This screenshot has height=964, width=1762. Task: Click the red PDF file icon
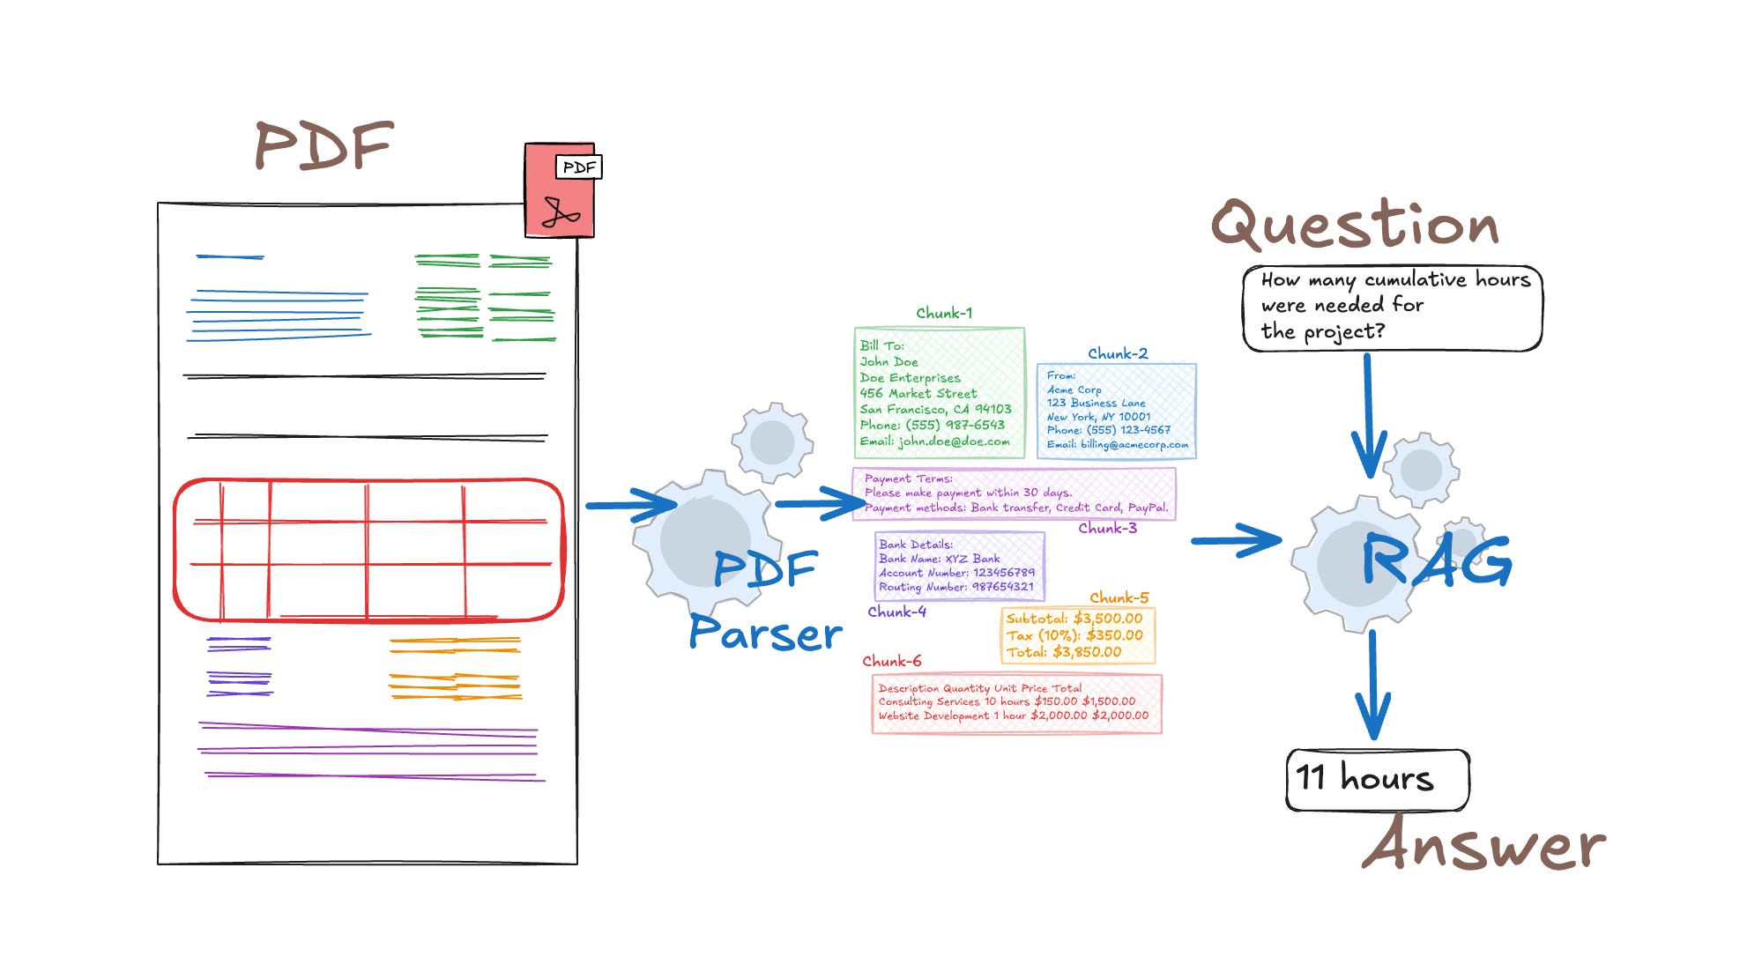pos(560,191)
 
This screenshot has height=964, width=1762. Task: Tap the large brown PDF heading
pos(323,146)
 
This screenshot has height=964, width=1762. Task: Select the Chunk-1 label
pos(943,313)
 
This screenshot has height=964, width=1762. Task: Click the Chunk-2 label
pos(1118,353)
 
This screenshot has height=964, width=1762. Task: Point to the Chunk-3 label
pos(1107,528)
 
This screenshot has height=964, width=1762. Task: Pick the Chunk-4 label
pos(896,612)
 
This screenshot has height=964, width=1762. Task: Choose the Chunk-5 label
pos(1119,597)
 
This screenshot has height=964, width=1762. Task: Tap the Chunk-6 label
pos(891,661)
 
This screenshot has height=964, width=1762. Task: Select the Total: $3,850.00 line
pos(1064,652)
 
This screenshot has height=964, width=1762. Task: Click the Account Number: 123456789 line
pos(956,573)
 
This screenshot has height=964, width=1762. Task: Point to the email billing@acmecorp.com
pos(1117,444)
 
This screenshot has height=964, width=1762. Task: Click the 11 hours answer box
pos(1377,779)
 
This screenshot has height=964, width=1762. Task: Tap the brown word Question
pos(1355,225)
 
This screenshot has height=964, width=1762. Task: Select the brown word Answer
pos(1483,845)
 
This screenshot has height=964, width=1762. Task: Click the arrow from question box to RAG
pos(1368,414)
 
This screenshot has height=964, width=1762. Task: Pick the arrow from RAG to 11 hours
pos(1372,685)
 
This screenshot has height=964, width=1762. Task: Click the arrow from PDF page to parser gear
pos(629,505)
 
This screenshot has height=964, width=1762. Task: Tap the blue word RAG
pos(1436,560)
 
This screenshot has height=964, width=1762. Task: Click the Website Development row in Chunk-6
pos(1013,716)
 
